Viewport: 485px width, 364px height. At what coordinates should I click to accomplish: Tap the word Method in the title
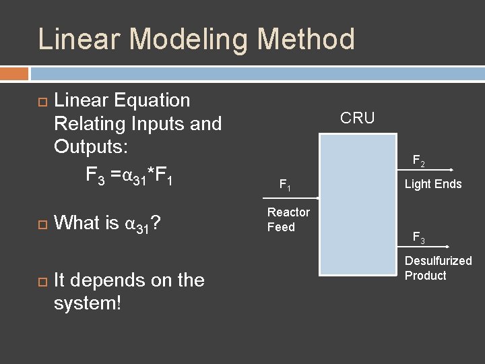pyautogui.click(x=307, y=39)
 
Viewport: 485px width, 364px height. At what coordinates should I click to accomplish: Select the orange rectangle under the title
pyautogui.click(x=14, y=73)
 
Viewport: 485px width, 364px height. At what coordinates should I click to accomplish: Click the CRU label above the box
pyautogui.click(x=357, y=119)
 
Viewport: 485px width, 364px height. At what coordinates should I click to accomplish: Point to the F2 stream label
pyautogui.click(x=418, y=162)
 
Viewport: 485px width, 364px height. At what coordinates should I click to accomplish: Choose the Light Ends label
pyautogui.click(x=433, y=184)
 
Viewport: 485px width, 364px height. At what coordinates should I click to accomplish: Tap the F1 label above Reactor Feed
pyautogui.click(x=285, y=184)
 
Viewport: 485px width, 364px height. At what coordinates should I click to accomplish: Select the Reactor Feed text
pyautogui.click(x=288, y=220)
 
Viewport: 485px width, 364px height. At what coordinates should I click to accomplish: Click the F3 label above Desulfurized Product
pyautogui.click(x=418, y=237)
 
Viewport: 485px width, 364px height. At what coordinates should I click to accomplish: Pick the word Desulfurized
pyautogui.click(x=438, y=261)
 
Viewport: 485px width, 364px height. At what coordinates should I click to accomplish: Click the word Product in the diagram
pyautogui.click(x=425, y=276)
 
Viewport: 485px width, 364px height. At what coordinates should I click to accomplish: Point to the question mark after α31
pyautogui.click(x=155, y=222)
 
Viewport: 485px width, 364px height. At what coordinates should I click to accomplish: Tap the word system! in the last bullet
pyautogui.click(x=88, y=303)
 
